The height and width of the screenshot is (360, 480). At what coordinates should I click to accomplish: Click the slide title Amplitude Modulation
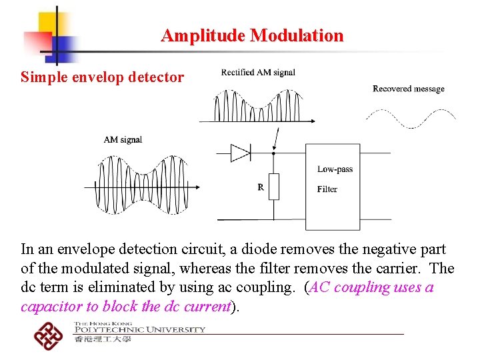tap(252, 35)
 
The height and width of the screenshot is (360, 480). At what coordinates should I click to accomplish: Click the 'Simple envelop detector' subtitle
tap(102, 77)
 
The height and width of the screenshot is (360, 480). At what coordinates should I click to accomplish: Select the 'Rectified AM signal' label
tap(258, 73)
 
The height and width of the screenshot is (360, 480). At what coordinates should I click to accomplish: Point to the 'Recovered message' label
tap(408, 89)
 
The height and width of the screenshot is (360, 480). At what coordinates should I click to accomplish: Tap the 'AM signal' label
tap(123, 139)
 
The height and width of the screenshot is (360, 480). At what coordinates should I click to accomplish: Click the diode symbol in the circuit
tap(240, 153)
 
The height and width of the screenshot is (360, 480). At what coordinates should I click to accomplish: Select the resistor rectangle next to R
tap(273, 186)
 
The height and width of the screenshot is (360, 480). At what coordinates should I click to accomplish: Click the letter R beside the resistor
tap(261, 187)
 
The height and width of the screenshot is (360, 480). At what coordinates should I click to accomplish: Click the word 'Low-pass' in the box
tap(335, 169)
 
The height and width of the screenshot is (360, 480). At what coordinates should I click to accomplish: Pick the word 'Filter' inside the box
tap(327, 189)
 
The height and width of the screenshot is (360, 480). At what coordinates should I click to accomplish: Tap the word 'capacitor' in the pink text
tap(48, 307)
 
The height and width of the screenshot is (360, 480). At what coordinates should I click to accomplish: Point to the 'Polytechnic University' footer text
tap(140, 329)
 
